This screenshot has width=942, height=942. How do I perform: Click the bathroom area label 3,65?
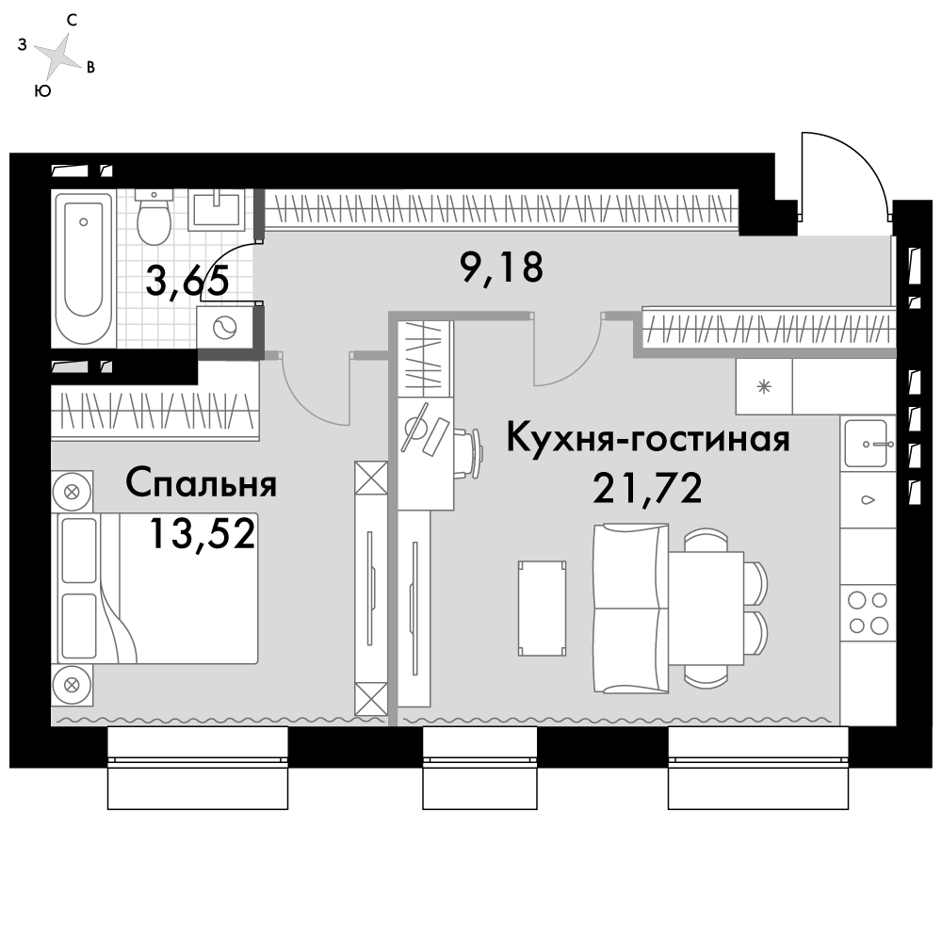(x=187, y=280)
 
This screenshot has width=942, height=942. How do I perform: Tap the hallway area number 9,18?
(x=501, y=268)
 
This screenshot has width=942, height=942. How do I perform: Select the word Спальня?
(x=201, y=484)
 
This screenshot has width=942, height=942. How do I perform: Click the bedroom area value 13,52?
(x=202, y=534)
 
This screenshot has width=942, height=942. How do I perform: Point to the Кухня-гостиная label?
(x=648, y=438)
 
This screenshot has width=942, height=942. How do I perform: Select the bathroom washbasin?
(x=219, y=208)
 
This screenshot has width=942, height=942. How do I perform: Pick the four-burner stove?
(x=868, y=611)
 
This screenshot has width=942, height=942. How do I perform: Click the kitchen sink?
(x=868, y=444)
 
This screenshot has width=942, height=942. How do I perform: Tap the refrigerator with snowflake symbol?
(x=765, y=387)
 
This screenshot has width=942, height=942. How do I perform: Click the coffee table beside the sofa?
(x=542, y=608)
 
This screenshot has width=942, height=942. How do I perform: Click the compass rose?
(x=60, y=58)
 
